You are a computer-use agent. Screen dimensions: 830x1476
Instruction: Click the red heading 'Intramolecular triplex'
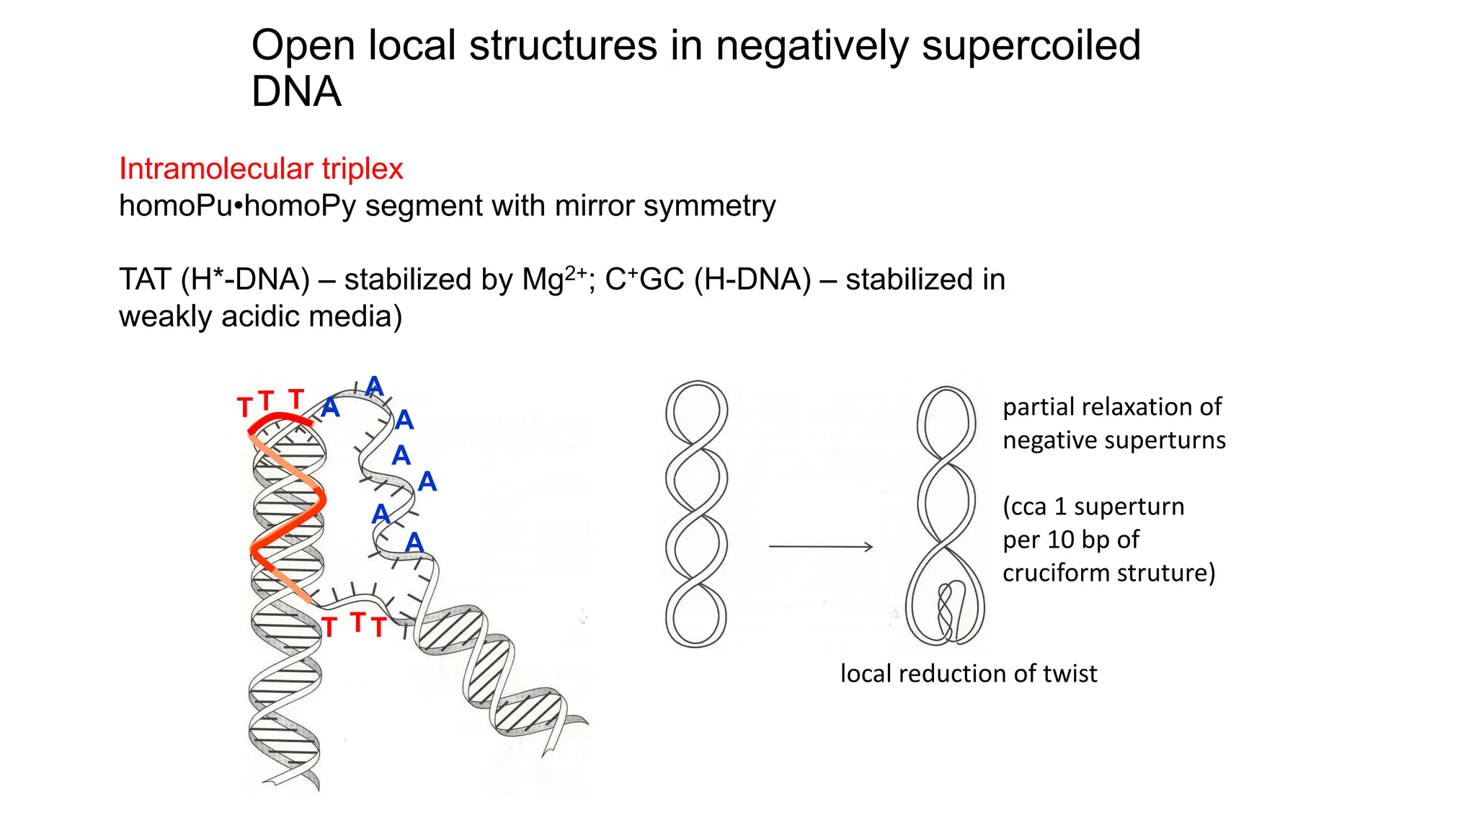pyautogui.click(x=260, y=169)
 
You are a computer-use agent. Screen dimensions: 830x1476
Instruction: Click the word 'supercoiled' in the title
pyautogui.click(x=1031, y=46)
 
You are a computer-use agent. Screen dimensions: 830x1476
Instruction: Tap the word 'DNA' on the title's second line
pyautogui.click(x=295, y=92)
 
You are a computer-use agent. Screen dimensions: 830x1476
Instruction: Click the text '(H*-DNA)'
pyautogui.click(x=245, y=280)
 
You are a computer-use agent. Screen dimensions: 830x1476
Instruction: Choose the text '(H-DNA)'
pyautogui.click(x=752, y=280)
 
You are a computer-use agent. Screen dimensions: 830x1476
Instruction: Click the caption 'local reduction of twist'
pyautogui.click(x=968, y=674)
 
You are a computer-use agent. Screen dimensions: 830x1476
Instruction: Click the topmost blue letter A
pyautogui.click(x=374, y=386)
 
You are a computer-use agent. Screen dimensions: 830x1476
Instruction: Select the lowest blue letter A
pyautogui.click(x=414, y=543)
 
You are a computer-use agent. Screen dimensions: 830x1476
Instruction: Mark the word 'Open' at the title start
pyautogui.click(x=303, y=46)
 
